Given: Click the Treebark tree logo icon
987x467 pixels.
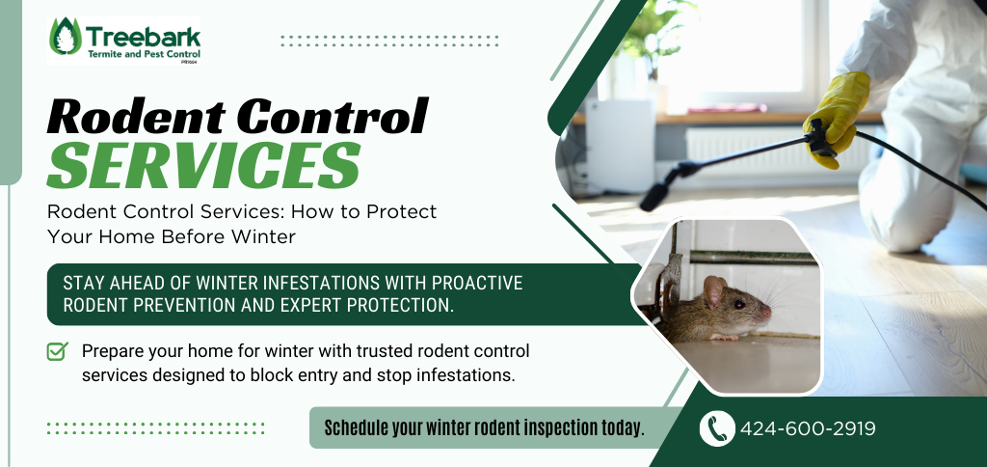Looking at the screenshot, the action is point(66,37).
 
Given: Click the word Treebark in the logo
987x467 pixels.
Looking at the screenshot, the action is point(144,36).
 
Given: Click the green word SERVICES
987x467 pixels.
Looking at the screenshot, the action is point(204,165).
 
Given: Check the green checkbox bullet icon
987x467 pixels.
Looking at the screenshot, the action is point(57,351).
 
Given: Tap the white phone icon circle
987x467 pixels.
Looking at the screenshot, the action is point(717,428).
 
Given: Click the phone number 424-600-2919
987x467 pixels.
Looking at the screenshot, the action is point(808,429).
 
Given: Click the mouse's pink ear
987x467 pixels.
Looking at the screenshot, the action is point(714,290).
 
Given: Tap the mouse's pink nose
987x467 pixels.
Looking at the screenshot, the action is point(767,313).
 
